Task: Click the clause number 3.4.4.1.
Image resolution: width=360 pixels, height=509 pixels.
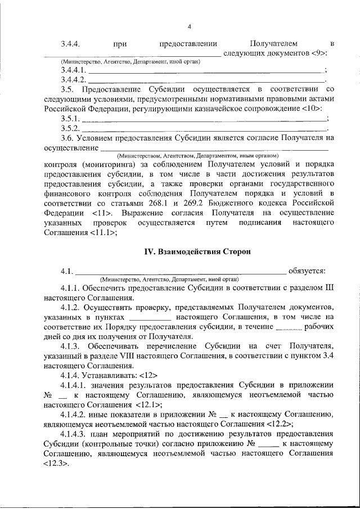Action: point(74,71)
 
